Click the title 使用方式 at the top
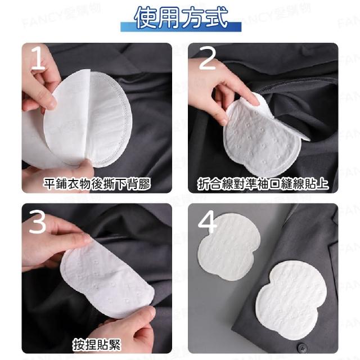tap(181, 18)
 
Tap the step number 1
tap(38, 58)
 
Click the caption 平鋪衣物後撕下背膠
tap(97, 184)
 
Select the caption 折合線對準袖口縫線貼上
tap(263, 184)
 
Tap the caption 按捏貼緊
tap(97, 344)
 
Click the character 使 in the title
tap(145, 18)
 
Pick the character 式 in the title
tap(216, 18)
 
